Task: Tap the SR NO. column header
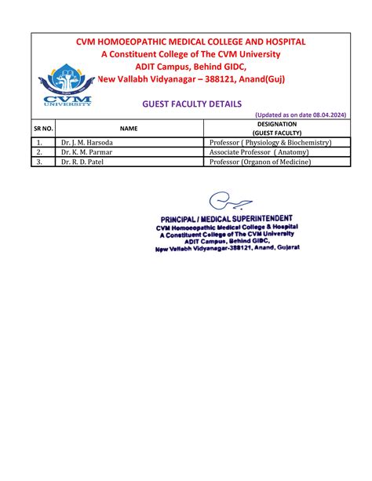point(43,128)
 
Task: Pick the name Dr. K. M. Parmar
point(86,152)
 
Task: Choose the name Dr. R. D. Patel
point(82,162)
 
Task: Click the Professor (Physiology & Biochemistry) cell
point(270,143)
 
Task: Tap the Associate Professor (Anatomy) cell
point(260,152)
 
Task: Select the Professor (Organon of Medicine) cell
point(260,162)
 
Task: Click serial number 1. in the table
point(38,143)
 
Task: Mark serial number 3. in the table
point(38,162)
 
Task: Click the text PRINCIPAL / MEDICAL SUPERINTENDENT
point(227,218)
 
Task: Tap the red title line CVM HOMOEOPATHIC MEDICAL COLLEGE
point(191,42)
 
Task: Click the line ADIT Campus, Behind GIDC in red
point(191,67)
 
